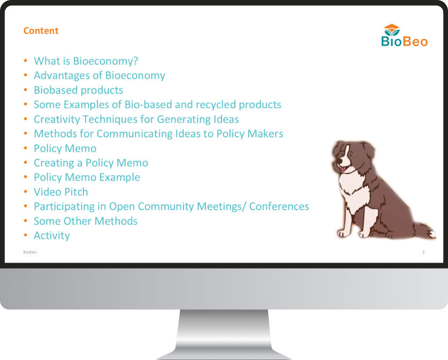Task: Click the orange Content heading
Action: coord(41,30)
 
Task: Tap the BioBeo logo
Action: coord(404,35)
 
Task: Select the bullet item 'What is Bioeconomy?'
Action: coord(86,61)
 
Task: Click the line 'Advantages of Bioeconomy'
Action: coord(99,75)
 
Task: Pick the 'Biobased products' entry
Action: coord(78,90)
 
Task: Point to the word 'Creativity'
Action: coord(57,119)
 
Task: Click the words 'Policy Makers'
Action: coord(250,134)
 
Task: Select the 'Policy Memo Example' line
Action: coord(87,177)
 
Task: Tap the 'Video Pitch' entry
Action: coord(61,192)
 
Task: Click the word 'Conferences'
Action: coord(279,206)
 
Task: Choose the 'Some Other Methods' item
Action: coord(86,221)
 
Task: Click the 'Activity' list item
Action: coord(52,235)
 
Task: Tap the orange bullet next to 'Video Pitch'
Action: coord(26,192)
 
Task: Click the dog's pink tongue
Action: coord(343,169)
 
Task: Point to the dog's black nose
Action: coord(339,161)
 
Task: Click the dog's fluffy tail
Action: coord(424,229)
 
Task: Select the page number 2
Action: coord(423,252)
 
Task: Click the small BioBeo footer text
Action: coord(30,252)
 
